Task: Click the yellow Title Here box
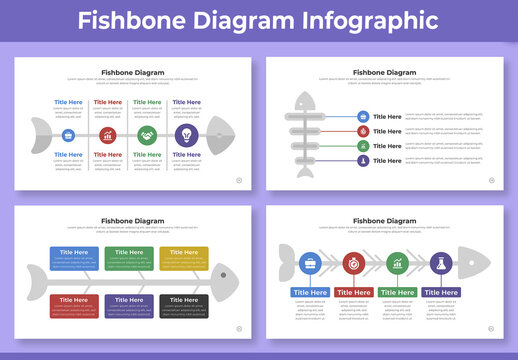point(183,258)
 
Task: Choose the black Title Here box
point(183,305)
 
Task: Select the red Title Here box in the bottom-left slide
point(73,305)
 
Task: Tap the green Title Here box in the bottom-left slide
point(128,258)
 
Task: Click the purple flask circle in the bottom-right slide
point(438,264)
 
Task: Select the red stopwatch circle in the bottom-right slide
point(352,264)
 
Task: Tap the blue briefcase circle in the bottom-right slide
point(310,264)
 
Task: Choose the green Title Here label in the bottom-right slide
point(398,292)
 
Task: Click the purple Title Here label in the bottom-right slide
point(441,292)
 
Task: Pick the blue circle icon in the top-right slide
point(361,117)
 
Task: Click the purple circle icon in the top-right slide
point(361,160)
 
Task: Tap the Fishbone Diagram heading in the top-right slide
point(385,72)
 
